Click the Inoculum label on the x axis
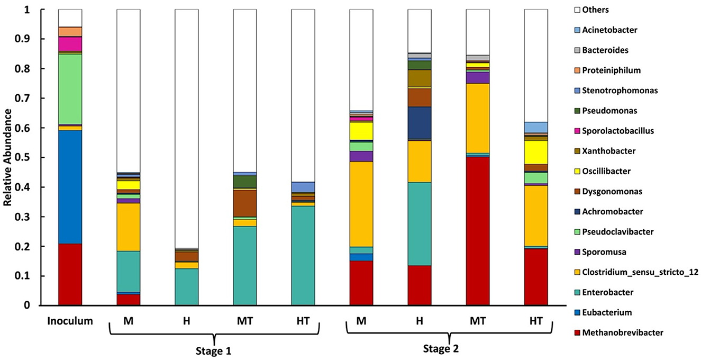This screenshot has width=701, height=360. click(70, 321)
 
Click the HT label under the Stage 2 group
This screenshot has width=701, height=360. click(535, 321)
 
